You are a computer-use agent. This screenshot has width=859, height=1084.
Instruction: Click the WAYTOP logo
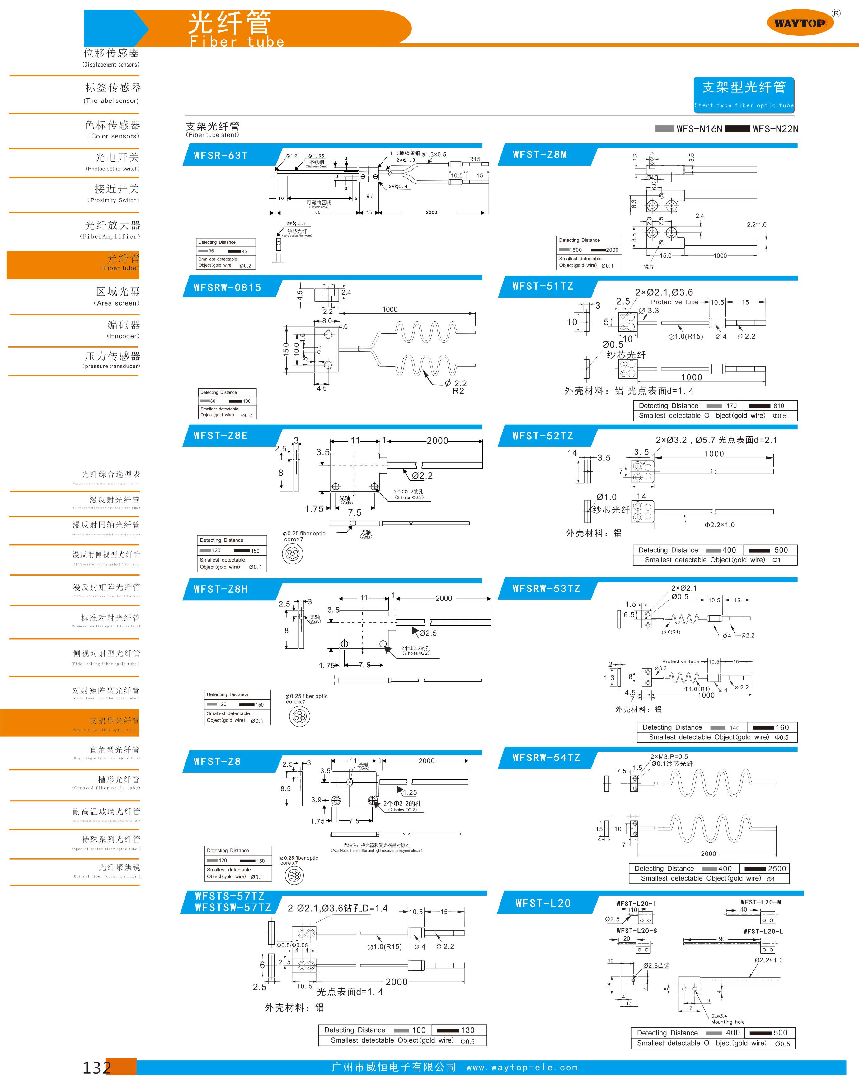tap(800, 23)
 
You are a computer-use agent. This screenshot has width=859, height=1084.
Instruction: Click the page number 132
tap(96, 1067)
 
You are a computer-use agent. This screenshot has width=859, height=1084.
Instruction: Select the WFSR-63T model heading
tap(221, 155)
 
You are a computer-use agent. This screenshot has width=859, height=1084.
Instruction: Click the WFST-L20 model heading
tap(543, 904)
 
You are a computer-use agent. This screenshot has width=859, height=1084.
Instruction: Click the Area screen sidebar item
tap(117, 296)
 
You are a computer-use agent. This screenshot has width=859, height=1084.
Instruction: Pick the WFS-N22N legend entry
tap(775, 129)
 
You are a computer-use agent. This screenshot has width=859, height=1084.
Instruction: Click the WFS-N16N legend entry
tap(699, 129)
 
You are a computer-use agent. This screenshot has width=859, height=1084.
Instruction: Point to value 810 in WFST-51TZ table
tap(778, 406)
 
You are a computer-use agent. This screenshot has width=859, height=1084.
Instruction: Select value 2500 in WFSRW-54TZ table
tap(777, 868)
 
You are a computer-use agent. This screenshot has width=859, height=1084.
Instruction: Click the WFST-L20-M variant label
tap(760, 902)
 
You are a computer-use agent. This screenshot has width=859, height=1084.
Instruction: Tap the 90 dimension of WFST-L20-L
tap(722, 939)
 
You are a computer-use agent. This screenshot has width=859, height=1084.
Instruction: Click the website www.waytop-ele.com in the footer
tap(522, 1068)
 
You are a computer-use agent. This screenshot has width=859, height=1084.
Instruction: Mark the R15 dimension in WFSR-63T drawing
tap(474, 159)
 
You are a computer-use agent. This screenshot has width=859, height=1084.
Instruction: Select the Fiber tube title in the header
tap(236, 42)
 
